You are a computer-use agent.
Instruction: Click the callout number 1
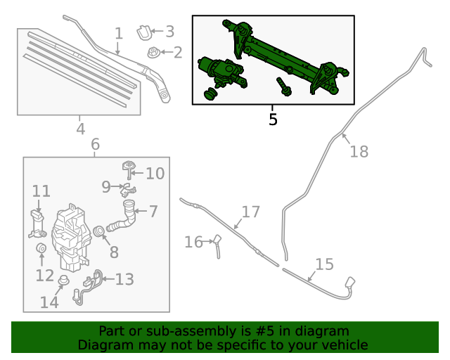point(119,32)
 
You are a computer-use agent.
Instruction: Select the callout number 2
point(177,52)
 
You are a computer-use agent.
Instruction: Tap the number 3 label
point(169,31)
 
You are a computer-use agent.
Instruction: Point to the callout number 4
point(81,129)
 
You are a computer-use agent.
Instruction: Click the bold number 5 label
point(273,120)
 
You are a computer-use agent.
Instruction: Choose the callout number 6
point(95,145)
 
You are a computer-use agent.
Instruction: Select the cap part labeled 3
point(143,32)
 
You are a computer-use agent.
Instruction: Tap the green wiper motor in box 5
point(221,72)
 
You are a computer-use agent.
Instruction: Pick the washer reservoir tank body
point(71,236)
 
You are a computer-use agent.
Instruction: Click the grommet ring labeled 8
point(98,231)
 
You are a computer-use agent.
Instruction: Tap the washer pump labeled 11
point(38,222)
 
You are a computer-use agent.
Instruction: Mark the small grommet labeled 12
point(40,250)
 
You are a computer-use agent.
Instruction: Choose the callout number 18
point(359,152)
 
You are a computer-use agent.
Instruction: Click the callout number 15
point(324,264)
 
